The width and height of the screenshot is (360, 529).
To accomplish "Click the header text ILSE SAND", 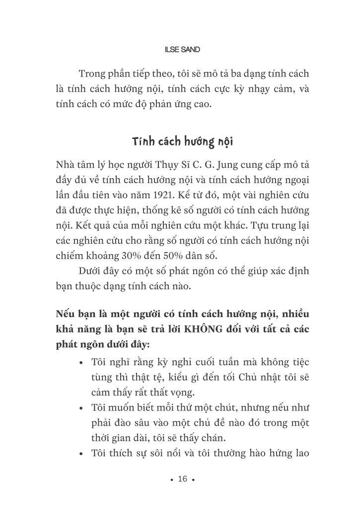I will (182, 50).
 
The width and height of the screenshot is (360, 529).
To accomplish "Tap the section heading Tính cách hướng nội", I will (182, 142).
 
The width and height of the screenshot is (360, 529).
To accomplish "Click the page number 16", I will (182, 479).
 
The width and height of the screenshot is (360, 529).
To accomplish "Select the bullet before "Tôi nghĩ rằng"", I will (81, 363).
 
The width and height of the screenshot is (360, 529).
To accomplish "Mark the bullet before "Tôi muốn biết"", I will (81, 408).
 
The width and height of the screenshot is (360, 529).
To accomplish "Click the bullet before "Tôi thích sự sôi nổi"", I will (81, 454).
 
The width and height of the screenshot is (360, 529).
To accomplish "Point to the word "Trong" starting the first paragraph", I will (92, 74).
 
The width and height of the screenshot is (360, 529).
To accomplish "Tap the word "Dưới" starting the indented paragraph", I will (91, 271).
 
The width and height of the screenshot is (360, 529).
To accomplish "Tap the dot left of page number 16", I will (171, 480).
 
